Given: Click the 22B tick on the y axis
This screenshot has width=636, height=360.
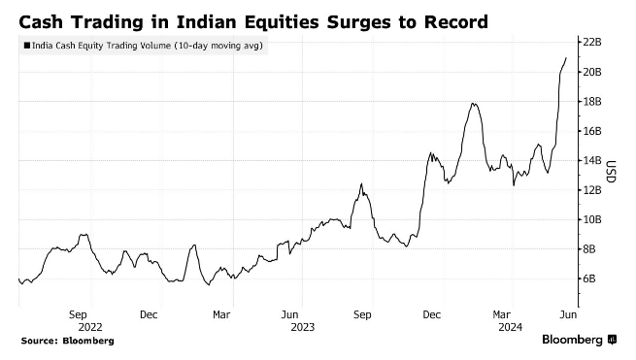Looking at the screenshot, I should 592,43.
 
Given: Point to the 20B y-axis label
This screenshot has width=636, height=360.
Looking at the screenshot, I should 592,72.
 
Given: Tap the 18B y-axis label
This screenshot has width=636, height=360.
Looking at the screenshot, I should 592,101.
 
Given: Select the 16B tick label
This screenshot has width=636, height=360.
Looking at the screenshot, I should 592,131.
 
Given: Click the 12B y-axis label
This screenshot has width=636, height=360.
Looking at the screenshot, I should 592,190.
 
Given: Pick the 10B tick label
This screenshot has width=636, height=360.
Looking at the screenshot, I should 592,219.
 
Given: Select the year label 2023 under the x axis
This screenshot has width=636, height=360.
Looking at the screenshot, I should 302,327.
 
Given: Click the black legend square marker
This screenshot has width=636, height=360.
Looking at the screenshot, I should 26,45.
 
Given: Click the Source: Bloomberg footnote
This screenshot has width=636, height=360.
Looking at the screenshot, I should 67,342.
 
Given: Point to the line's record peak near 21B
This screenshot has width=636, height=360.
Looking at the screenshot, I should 566,58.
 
